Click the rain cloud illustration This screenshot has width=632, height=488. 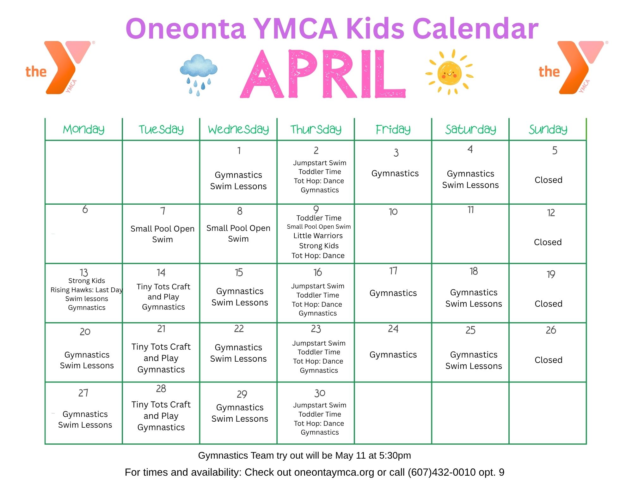[198, 75]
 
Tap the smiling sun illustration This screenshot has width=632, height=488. [449, 72]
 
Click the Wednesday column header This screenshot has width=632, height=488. [238, 129]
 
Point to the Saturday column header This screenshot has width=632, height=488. [470, 129]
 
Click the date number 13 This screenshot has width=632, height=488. [84, 272]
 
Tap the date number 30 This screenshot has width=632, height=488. [320, 393]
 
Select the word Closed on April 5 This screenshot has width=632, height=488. [549, 180]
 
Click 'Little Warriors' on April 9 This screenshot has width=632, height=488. [318, 236]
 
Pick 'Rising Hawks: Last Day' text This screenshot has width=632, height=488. [86, 290]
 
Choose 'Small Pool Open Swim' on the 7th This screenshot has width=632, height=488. [163, 234]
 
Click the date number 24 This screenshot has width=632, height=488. [393, 329]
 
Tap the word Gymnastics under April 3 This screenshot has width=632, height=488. [395, 173]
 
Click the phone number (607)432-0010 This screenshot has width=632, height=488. [442, 472]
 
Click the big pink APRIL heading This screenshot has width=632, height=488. [323, 74]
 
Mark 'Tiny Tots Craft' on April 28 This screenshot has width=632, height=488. [161, 404]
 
